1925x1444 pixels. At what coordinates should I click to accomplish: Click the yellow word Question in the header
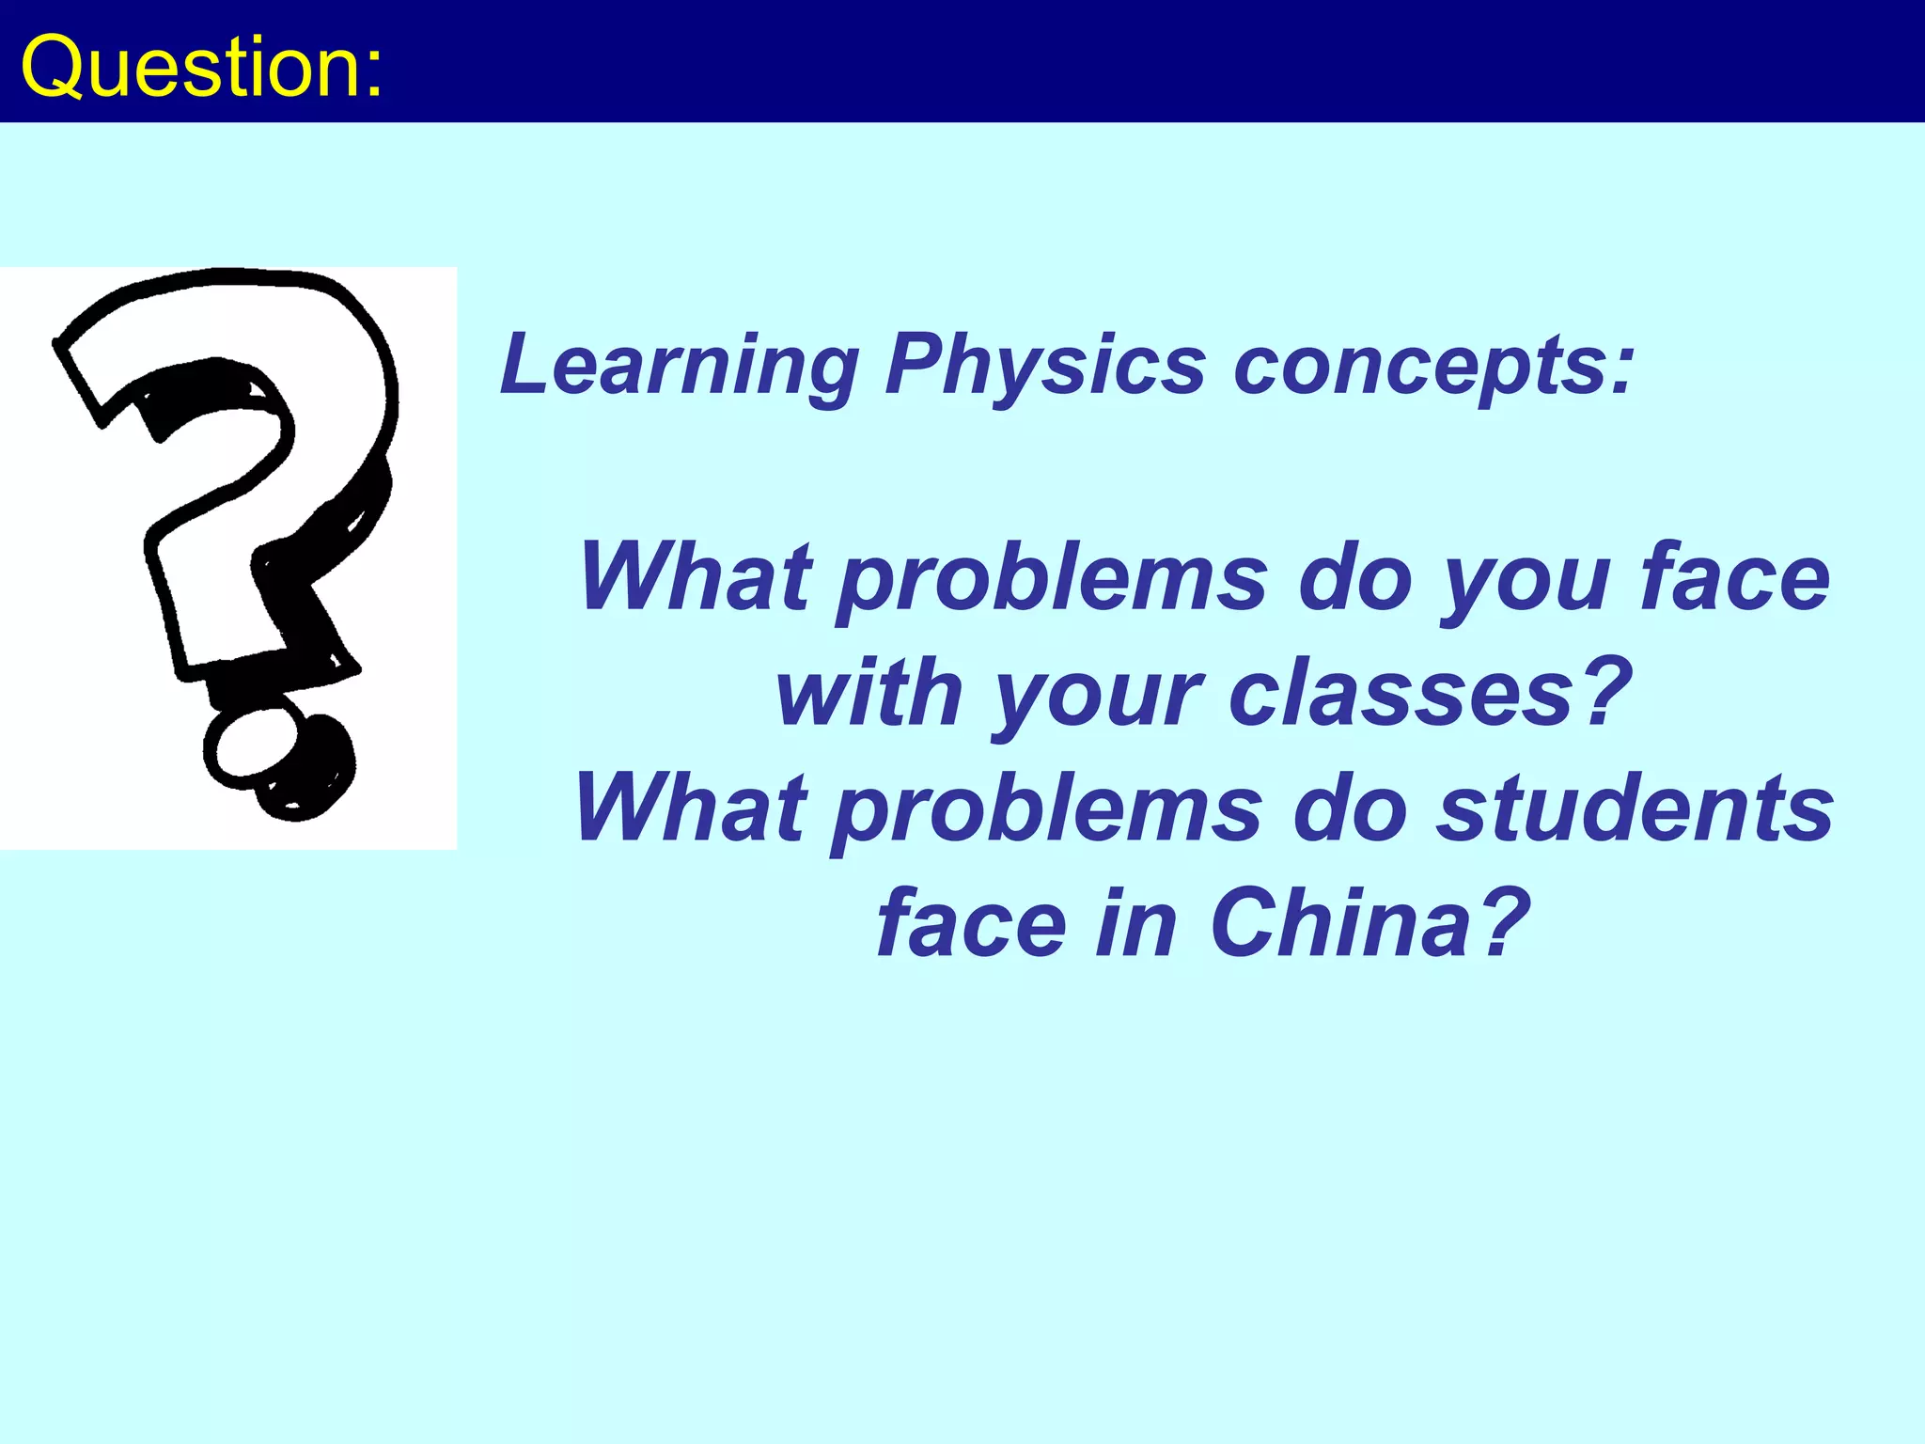click(x=188, y=66)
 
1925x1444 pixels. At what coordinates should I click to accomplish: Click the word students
click(x=1635, y=808)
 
